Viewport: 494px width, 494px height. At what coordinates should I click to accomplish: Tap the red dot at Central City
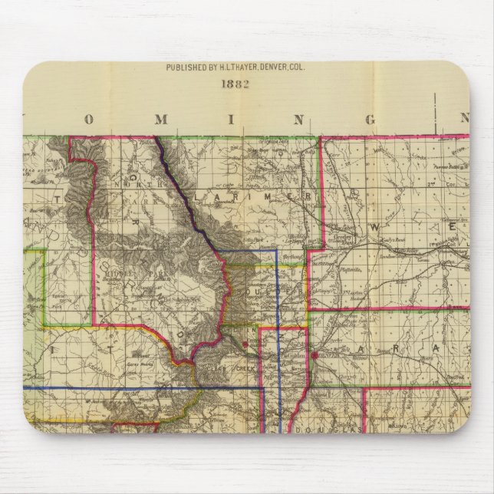[244, 346]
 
